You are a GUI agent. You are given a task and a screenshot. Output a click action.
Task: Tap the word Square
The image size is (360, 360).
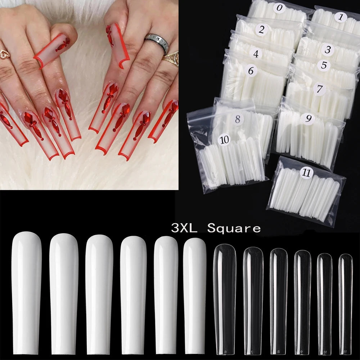234,228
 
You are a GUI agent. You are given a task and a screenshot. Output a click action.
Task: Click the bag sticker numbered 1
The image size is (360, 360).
341,17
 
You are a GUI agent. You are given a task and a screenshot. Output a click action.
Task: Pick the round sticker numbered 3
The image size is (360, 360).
328,50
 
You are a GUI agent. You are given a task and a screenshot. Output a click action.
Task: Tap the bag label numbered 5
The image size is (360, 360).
324,65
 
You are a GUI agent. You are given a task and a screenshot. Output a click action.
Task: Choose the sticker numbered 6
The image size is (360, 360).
251,71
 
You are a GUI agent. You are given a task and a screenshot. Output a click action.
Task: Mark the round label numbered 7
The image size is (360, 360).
319,89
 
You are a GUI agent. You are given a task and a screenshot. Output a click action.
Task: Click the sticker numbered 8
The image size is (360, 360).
237,119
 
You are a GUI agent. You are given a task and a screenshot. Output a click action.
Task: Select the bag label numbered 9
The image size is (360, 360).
308,119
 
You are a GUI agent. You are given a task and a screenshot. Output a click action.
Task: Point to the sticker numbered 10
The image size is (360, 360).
225,140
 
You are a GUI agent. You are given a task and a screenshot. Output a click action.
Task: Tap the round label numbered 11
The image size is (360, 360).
306,173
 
